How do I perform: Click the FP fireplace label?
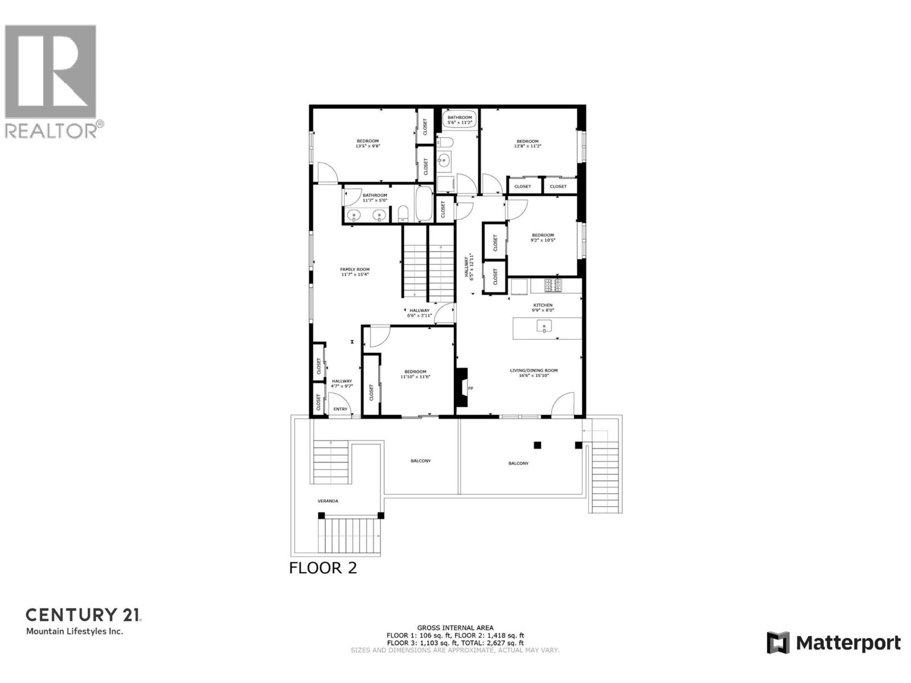(470, 389)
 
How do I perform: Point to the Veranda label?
(327, 501)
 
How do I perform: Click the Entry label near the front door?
(340, 409)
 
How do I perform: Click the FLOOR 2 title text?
(323, 568)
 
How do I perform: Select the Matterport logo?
(834, 643)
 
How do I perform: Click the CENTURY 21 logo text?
(83, 615)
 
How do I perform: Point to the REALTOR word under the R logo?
(51, 131)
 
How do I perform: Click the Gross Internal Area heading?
(455, 628)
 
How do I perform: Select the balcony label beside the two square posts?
(518, 463)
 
